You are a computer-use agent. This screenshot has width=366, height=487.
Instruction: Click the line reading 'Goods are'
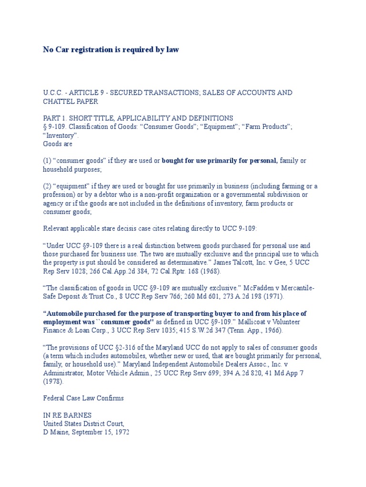pos(58,144)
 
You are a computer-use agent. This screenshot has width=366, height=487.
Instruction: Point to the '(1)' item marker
pos(48,161)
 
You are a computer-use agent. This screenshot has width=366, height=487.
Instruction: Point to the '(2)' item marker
pos(48,186)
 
